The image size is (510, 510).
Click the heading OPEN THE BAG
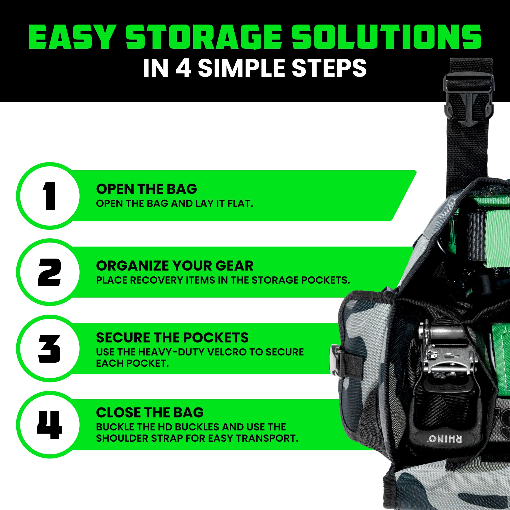(x=147, y=189)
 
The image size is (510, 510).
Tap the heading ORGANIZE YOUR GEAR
(x=174, y=265)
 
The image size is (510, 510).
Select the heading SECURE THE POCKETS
(x=172, y=338)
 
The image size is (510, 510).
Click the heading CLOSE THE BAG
(x=150, y=413)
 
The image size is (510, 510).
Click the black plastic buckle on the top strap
(x=468, y=100)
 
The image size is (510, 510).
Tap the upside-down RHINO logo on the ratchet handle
(x=445, y=439)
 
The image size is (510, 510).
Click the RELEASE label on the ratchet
(x=448, y=388)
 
